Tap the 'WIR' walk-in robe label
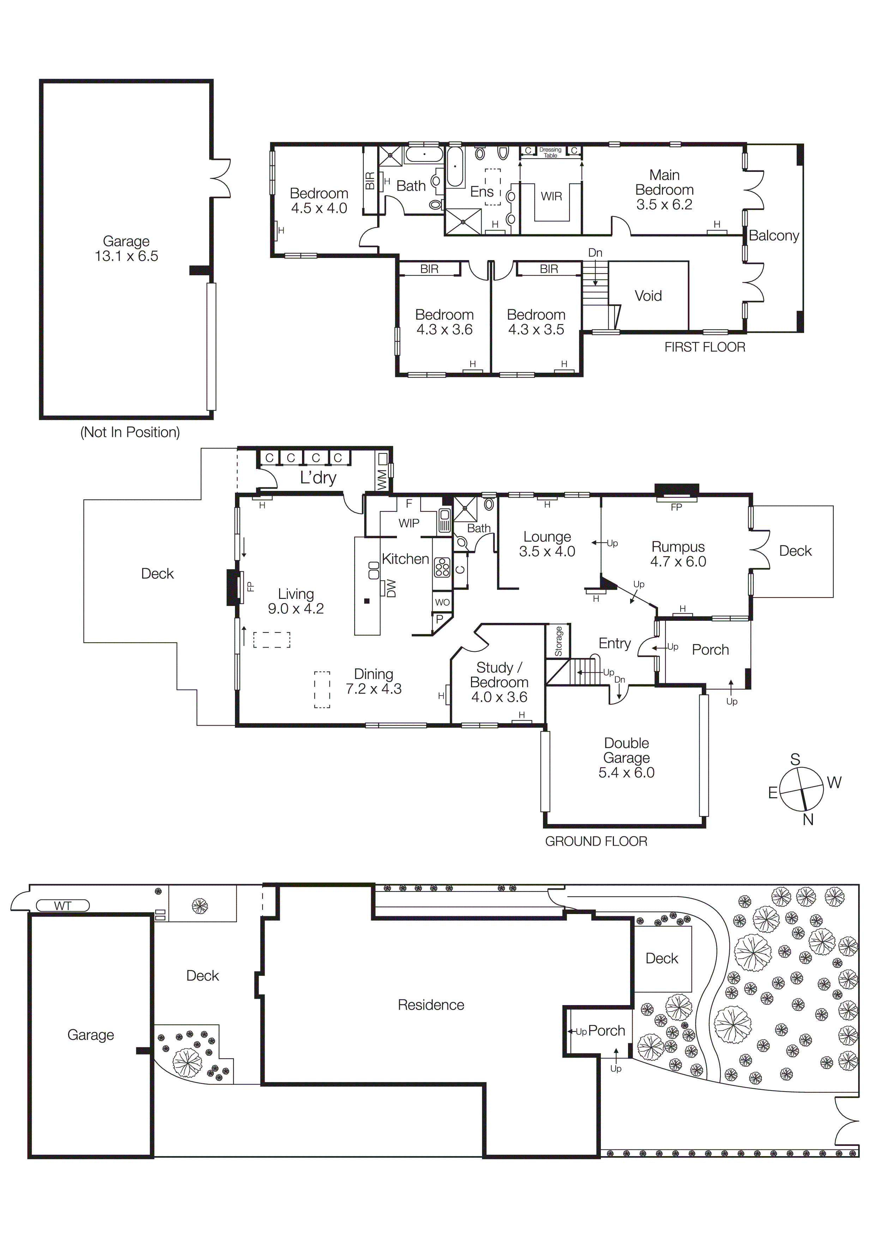click(551, 196)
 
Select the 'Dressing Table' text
click(550, 152)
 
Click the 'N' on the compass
click(808, 819)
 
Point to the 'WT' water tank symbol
click(62, 906)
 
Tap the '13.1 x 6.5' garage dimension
click(126, 256)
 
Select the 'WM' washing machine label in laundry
click(382, 479)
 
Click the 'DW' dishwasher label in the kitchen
click(391, 588)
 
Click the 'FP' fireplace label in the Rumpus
click(676, 507)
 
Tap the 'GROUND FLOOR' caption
click(596, 841)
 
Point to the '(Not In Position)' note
click(130, 432)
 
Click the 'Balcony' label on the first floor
click(774, 236)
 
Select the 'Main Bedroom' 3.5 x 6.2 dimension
click(664, 204)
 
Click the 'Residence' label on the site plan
click(431, 1004)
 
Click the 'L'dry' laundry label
click(318, 478)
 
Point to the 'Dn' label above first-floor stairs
click(595, 252)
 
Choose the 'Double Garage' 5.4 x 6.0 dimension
click(627, 772)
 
